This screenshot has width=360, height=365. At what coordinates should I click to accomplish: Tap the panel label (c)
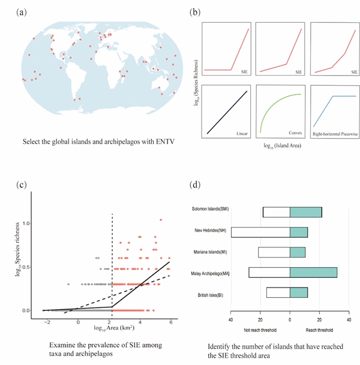(22, 182)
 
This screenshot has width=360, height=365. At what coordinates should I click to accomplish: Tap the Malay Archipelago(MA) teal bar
(313, 272)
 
